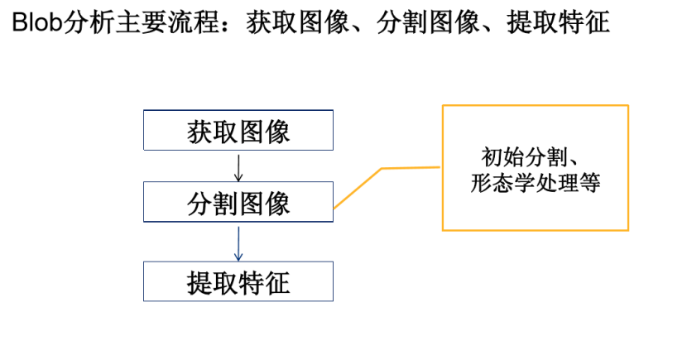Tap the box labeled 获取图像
click(238, 131)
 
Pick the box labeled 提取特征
click(238, 281)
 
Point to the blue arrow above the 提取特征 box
click(238, 242)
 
